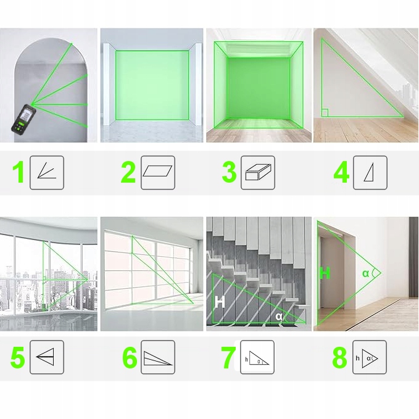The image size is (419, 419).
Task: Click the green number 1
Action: [x=18, y=172]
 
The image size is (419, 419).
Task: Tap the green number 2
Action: [x=128, y=172]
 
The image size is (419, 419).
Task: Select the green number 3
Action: [x=230, y=172]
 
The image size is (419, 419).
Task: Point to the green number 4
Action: [x=341, y=172]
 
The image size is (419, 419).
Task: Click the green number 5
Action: [x=18, y=357]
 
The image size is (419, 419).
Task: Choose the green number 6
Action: [x=130, y=357]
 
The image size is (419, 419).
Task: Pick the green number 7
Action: [x=228, y=357]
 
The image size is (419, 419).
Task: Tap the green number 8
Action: [x=339, y=357]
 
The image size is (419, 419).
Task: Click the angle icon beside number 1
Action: [x=47, y=170]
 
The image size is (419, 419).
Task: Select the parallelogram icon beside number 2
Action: [x=157, y=171]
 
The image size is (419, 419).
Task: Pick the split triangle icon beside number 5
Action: [x=46, y=357]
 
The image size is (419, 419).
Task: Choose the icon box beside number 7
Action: [x=257, y=357]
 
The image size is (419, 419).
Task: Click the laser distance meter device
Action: [x=23, y=119]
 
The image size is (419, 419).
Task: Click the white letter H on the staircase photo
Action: [x=220, y=302]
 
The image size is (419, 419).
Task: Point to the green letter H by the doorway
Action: [x=325, y=273]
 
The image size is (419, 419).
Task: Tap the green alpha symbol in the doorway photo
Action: [x=365, y=273]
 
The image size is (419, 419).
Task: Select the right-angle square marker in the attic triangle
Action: [x=325, y=112]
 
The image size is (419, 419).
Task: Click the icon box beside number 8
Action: [x=370, y=357]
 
